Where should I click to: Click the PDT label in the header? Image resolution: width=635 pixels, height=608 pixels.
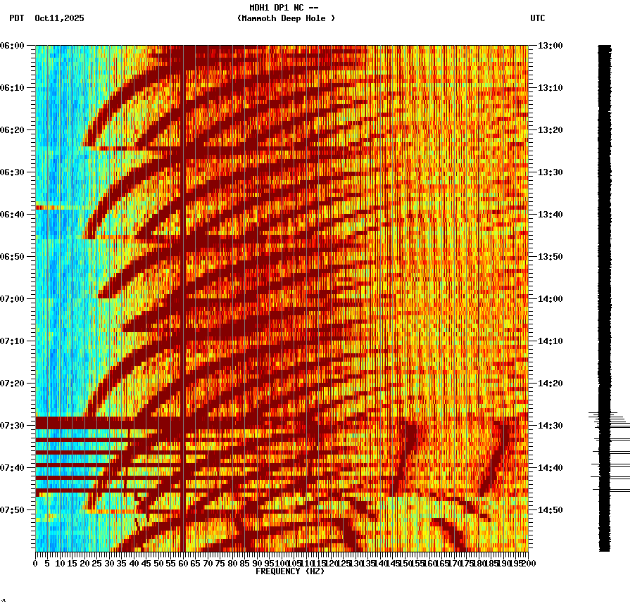click(16, 18)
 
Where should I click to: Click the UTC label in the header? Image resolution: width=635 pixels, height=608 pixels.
click(537, 18)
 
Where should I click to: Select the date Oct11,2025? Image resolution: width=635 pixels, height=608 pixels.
click(59, 18)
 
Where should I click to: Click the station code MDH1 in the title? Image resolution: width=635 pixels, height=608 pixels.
click(261, 8)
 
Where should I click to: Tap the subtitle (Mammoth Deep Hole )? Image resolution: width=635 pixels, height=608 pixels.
click(286, 18)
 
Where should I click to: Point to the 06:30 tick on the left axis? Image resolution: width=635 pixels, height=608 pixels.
click(13, 172)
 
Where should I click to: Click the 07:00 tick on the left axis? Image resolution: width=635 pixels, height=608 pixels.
click(13, 299)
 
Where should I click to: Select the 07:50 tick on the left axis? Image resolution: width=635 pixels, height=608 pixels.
click(13, 510)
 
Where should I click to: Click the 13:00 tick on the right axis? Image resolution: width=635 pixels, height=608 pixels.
click(551, 46)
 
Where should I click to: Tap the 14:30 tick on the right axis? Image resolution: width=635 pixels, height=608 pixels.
click(551, 426)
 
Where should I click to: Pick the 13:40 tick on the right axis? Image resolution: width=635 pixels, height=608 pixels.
click(551, 215)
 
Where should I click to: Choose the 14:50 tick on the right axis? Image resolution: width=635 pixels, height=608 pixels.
click(551, 510)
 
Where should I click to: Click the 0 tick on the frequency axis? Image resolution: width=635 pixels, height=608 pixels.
click(36, 563)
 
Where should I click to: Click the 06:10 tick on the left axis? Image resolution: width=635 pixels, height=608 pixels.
click(13, 88)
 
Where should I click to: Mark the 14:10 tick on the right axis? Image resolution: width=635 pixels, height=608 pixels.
click(551, 341)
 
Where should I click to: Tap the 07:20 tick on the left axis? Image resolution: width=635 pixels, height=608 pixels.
click(13, 384)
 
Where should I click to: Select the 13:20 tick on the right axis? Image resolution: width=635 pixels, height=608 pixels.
click(551, 130)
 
